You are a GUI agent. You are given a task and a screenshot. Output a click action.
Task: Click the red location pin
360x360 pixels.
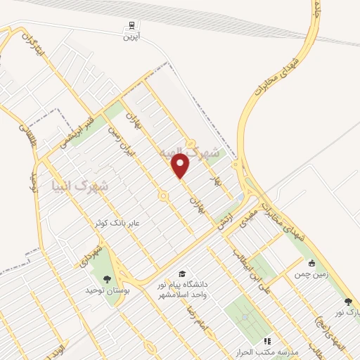[x=181, y=166]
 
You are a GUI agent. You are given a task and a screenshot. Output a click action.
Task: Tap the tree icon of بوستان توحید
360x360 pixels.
[x=107, y=279]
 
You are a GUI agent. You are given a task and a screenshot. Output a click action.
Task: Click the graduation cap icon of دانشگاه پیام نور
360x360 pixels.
[x=183, y=274]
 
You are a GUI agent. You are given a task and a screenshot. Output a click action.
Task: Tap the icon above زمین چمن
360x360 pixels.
[x=311, y=263]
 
